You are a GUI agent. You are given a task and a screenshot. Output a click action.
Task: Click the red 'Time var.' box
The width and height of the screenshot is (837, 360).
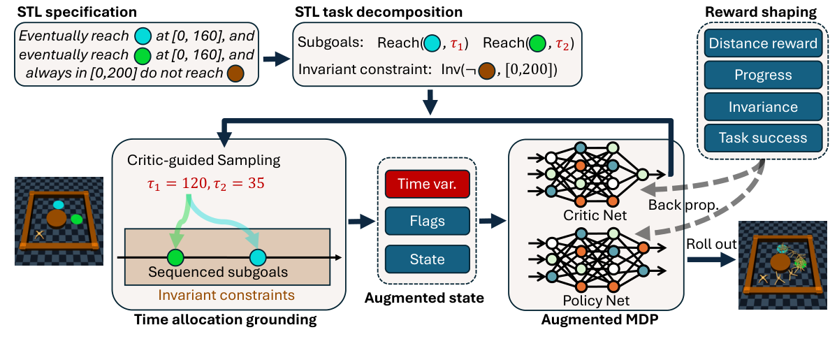coord(427,183)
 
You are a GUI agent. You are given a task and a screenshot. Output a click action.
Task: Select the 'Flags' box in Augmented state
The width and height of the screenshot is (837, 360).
coord(427,221)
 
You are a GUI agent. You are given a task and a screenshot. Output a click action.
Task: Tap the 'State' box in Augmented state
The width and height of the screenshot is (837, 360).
coord(427,259)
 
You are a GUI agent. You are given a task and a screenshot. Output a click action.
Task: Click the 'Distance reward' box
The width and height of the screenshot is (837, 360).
coord(762,44)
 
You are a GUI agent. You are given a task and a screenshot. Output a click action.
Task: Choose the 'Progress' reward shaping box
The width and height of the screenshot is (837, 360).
coord(762,75)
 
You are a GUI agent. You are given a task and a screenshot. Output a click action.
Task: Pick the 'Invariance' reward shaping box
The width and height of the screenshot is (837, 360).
coord(762,106)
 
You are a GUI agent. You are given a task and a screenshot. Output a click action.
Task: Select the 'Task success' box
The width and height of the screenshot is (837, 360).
coord(762,138)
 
